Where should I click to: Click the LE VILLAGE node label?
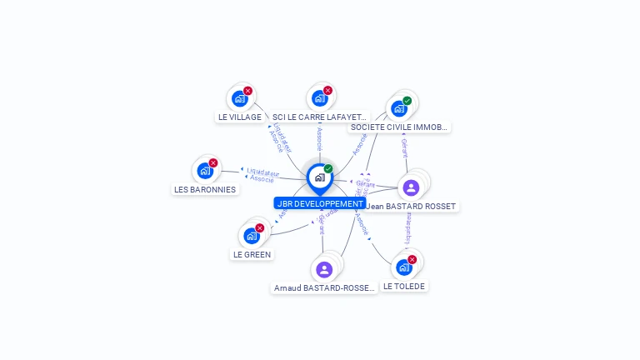240,117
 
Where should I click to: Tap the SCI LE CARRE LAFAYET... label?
319,117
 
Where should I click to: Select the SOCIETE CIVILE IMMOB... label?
399,127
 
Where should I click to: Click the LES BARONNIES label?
205,189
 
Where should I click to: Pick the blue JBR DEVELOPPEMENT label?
320,203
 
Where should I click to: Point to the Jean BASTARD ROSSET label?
412,206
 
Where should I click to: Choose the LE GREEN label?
252,254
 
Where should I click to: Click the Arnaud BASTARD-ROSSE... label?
324,288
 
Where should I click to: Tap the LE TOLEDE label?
404,286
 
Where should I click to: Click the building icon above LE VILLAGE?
240,99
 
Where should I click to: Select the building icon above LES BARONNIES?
205,171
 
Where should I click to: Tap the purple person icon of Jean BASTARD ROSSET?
411,187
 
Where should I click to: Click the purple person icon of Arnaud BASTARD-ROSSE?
324,269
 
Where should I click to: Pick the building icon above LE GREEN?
251,236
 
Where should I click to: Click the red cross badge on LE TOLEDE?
412,259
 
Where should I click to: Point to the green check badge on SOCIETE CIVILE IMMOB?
407,101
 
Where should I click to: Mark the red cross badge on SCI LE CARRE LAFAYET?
327,91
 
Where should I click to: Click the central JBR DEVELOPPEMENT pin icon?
319,177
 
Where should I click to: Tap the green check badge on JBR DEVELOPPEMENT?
328,169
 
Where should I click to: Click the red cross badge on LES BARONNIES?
213,163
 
